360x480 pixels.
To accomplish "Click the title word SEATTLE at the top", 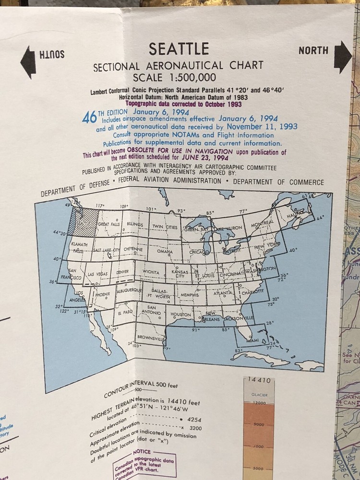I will [179, 49].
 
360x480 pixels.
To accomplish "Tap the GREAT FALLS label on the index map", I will [110, 224].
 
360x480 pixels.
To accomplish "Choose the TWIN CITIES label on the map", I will [165, 227].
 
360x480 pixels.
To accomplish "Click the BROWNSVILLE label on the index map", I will [150, 338].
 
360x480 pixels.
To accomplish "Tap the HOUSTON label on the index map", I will [180, 314].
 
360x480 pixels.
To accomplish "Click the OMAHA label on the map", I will [165, 252].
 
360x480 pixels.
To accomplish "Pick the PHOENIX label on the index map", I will [102, 294].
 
